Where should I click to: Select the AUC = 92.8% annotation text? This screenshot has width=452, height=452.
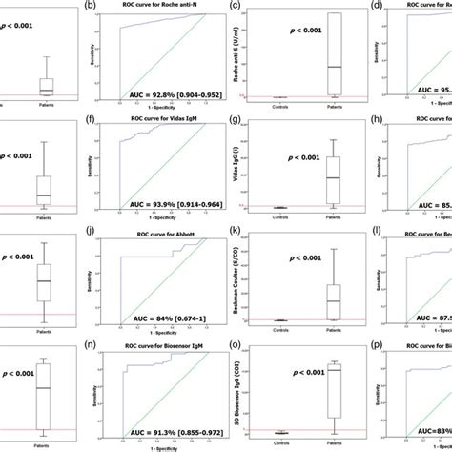click(x=172, y=95)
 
